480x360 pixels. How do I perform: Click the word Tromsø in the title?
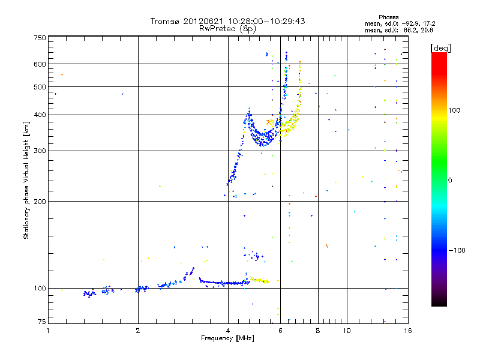click(x=165, y=21)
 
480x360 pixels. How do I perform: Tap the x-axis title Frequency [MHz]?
click(x=227, y=338)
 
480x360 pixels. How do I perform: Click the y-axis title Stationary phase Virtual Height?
click(x=26, y=180)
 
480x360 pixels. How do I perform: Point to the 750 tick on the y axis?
click(x=40, y=37)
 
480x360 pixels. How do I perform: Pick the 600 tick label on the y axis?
click(x=40, y=64)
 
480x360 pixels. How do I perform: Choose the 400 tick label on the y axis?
click(x=40, y=115)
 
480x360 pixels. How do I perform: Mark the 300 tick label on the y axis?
click(x=40, y=151)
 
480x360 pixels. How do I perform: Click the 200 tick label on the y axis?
click(x=40, y=201)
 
